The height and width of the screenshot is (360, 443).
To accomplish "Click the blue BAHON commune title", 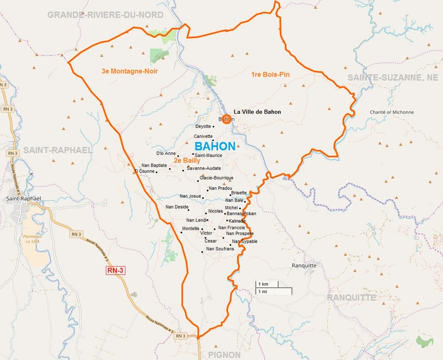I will pos(215,146).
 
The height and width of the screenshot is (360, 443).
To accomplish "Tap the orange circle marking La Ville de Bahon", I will pos(226,119).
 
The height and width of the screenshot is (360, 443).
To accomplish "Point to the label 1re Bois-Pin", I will pos(271,74).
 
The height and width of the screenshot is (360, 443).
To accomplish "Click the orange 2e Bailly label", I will pos(187,161).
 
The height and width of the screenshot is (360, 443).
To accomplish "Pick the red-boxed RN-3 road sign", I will pos(116,270).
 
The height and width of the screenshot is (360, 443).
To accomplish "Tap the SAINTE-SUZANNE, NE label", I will pos(393,78).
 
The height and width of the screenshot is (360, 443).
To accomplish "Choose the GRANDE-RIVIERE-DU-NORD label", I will pos(105,15).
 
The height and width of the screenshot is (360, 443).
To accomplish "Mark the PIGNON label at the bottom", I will pos(224,354).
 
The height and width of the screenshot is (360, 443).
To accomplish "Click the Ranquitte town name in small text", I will pos(304,265).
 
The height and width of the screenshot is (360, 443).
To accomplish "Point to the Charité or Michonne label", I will pos(392,112).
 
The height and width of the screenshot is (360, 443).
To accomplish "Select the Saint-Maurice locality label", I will pos(208,155).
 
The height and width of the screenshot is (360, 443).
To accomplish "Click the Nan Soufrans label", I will pos(220,249).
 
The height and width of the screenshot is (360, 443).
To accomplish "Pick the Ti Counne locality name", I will pos(145,171).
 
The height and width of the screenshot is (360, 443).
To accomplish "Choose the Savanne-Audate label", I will pos(204,168).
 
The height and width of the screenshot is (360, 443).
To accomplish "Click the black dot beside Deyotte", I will pos(214,127).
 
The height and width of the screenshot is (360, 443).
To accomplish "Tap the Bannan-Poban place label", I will pos(241,213).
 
